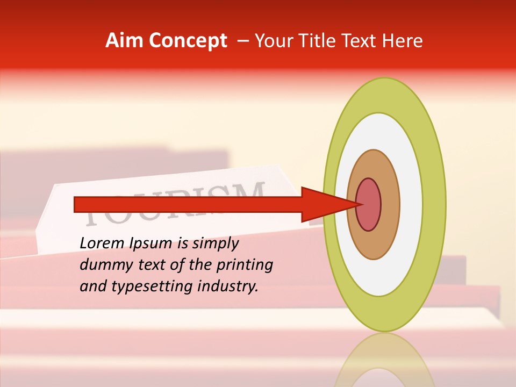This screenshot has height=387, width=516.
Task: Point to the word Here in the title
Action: click(x=402, y=41)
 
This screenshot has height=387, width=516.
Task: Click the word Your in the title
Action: click(x=273, y=41)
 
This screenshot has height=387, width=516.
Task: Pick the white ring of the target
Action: click(x=411, y=205)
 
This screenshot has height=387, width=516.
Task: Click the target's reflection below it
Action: click(x=385, y=360)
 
